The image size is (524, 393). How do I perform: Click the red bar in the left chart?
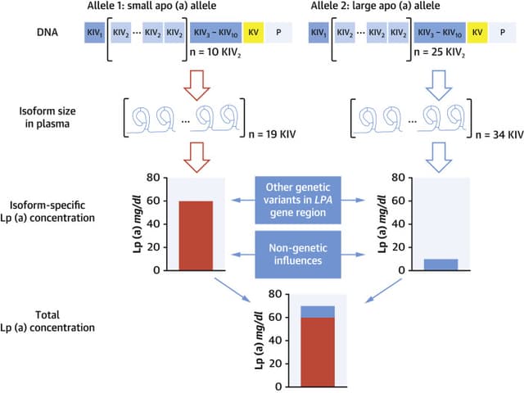tap(195, 235)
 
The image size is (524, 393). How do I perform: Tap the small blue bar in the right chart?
tap(445, 264)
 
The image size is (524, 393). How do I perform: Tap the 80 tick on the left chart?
tap(161, 177)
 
